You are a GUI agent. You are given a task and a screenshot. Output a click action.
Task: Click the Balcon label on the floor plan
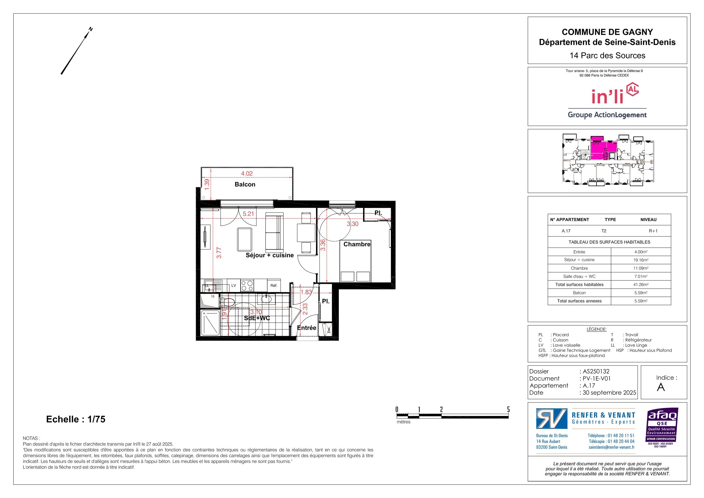[x=245, y=184]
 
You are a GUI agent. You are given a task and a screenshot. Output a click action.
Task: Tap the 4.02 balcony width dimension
[x=247, y=173]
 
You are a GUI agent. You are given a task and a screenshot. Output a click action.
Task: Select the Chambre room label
[x=357, y=244]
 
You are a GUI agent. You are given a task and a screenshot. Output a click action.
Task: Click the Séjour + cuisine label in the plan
[x=269, y=255]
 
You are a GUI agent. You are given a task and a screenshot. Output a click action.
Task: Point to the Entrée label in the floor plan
[x=307, y=328]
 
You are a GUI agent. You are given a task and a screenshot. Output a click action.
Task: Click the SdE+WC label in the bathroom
[x=257, y=318]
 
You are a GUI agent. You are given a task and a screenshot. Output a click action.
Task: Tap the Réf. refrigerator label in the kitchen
[x=274, y=286]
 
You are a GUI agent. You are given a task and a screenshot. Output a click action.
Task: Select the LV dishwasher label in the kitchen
[x=234, y=286]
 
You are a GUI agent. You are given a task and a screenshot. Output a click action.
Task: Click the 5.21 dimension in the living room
[x=248, y=214]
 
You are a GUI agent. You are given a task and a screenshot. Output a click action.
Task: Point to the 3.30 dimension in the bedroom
[x=353, y=224]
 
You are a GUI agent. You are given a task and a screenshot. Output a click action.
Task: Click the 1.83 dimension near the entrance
[x=306, y=292]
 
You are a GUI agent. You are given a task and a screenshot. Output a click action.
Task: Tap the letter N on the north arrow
[x=90, y=29]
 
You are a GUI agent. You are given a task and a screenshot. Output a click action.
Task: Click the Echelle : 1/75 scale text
[x=76, y=419]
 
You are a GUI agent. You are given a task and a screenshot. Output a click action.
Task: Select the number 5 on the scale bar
[x=508, y=409]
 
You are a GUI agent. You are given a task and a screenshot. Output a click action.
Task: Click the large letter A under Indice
[x=661, y=388]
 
